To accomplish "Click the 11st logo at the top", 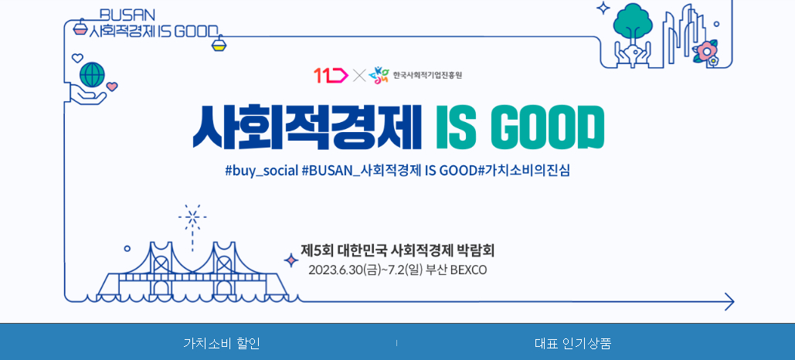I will click(330, 75).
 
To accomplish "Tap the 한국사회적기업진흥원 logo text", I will click(426, 75).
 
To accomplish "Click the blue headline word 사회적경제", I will click(307, 126).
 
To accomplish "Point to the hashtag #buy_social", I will click(261, 170).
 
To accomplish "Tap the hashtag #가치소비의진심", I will click(525, 170).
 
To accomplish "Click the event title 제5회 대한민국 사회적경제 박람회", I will click(397, 250).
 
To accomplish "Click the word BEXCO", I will click(468, 270).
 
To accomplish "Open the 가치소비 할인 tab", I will click(222, 343).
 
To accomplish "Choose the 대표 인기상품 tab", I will click(572, 343).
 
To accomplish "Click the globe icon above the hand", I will click(92, 74).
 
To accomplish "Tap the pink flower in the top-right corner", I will click(705, 52).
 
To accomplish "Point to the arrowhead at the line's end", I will click(729, 301).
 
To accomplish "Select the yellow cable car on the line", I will click(219, 44).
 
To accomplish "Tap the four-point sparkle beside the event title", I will click(291, 260).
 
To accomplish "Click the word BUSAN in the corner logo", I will click(127, 15).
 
